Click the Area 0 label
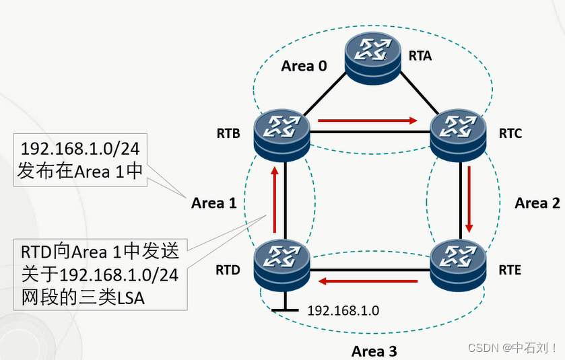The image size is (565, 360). tap(304, 66)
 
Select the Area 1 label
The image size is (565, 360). tap(213, 203)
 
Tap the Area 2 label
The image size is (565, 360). tap(537, 203)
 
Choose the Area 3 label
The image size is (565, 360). tap(374, 351)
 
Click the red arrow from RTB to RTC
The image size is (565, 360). tap(368, 121)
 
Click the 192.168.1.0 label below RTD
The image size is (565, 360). tap(343, 311)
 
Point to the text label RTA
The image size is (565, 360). tap(420, 56)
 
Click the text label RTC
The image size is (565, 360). tap(510, 133)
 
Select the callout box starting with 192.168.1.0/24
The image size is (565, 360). tap(81, 159)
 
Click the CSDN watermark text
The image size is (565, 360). tap(512, 348)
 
